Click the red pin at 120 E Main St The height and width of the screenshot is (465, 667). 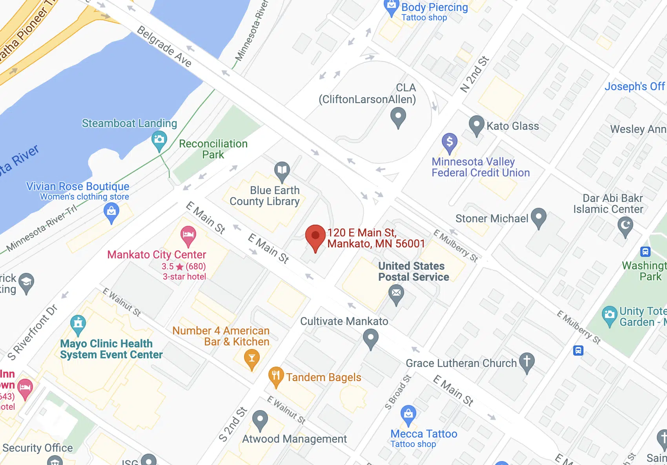point(315,236)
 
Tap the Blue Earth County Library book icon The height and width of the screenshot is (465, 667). point(282,170)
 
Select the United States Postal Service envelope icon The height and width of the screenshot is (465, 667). point(396,293)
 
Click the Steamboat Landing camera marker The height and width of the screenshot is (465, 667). point(159,140)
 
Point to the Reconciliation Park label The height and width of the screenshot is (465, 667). point(213,149)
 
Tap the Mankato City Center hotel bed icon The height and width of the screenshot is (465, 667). point(188,235)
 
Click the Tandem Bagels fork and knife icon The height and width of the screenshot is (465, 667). point(276,376)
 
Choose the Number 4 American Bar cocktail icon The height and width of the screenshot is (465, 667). point(251,358)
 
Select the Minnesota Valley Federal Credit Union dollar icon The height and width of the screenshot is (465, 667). point(450,142)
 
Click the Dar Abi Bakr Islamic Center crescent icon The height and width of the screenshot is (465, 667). point(625,226)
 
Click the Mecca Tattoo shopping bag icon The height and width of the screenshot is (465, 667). point(408,414)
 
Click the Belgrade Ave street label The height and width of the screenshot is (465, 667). point(164,47)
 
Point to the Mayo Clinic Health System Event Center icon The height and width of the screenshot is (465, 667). point(78,323)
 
